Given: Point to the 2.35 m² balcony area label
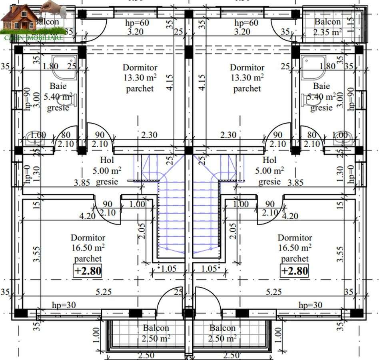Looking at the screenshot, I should point(327,32).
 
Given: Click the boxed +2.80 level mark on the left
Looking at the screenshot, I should point(88,271).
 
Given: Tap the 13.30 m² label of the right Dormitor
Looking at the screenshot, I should point(247,78).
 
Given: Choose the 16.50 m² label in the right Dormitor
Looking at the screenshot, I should point(295,248).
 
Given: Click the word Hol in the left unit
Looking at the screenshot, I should point(107,160).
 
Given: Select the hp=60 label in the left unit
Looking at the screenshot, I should point(136,23).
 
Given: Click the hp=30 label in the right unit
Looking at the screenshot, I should point(310,305).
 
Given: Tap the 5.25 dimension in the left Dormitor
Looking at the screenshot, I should point(104,292).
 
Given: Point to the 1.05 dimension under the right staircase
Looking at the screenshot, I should point(209,268).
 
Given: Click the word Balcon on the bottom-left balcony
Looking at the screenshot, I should point(156,328).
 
